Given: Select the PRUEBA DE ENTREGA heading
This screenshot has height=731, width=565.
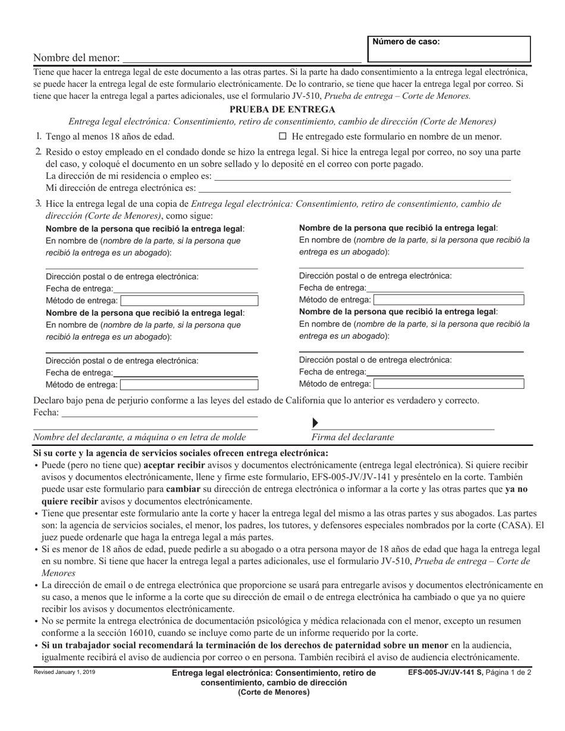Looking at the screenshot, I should pos(282,109).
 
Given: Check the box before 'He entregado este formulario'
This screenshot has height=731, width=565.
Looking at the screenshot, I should pos(283,136).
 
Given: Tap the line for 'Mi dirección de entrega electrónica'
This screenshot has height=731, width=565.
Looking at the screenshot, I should pos(354,188).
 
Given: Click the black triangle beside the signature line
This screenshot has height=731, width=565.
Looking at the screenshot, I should pos(315,423).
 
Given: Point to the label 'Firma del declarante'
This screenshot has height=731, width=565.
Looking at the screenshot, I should pos(353,437).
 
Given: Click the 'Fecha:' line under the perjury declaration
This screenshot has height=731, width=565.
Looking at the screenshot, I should pos(159,412).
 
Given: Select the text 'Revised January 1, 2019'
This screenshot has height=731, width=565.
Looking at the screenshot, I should pos(64,672).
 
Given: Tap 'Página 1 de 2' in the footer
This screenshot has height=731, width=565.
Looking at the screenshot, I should pos(508,673).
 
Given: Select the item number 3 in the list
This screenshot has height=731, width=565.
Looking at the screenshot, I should pos(38,204).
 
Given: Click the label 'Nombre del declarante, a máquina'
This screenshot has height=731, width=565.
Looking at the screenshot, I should pos(139,437).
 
